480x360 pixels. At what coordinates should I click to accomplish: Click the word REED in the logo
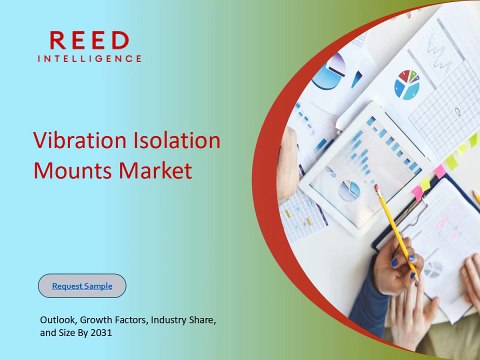pyautogui.click(x=89, y=40)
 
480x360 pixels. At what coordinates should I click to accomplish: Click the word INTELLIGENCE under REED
pyautogui.click(x=89, y=59)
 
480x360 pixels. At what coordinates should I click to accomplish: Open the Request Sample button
pyautogui.click(x=82, y=286)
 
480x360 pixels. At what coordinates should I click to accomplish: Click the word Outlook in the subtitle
pyautogui.click(x=57, y=318)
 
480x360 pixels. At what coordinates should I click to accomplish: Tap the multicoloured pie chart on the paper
pyautogui.click(x=408, y=84)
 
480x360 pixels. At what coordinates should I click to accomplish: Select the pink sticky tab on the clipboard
pyautogui.click(x=440, y=171)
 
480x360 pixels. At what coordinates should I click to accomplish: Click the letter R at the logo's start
pyautogui.click(x=59, y=40)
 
